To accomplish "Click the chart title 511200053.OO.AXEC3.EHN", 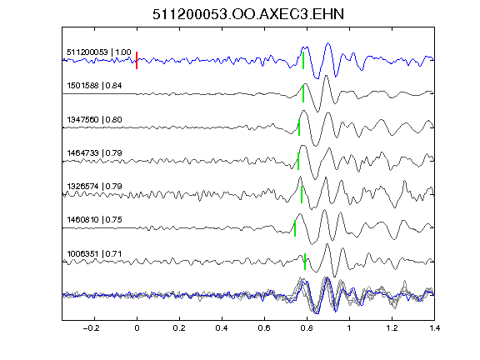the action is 248,14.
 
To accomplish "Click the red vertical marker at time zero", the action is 137,60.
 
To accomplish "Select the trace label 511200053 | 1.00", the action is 99,52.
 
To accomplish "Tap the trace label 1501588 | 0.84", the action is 94,85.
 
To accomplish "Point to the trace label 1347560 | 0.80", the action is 94,119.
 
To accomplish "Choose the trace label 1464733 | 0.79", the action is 94,152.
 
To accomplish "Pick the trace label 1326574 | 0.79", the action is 94,186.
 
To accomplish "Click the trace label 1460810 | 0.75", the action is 94,219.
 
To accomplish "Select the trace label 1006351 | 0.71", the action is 94,254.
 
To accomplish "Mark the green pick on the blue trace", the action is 303,60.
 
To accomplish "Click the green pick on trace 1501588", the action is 303,93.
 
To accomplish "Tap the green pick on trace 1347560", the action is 299,127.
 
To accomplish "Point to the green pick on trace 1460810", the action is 295,228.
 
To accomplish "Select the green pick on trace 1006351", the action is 305,262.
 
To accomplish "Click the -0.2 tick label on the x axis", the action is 92,328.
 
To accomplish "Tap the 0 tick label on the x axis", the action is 137,328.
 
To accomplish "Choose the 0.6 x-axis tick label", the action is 264,328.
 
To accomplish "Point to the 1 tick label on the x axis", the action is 349,328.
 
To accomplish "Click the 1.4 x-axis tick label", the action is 434,328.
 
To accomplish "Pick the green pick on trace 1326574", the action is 302,194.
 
